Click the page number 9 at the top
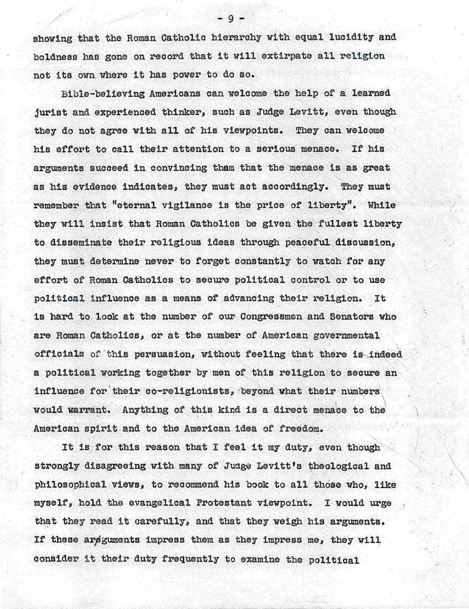point(232,17)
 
